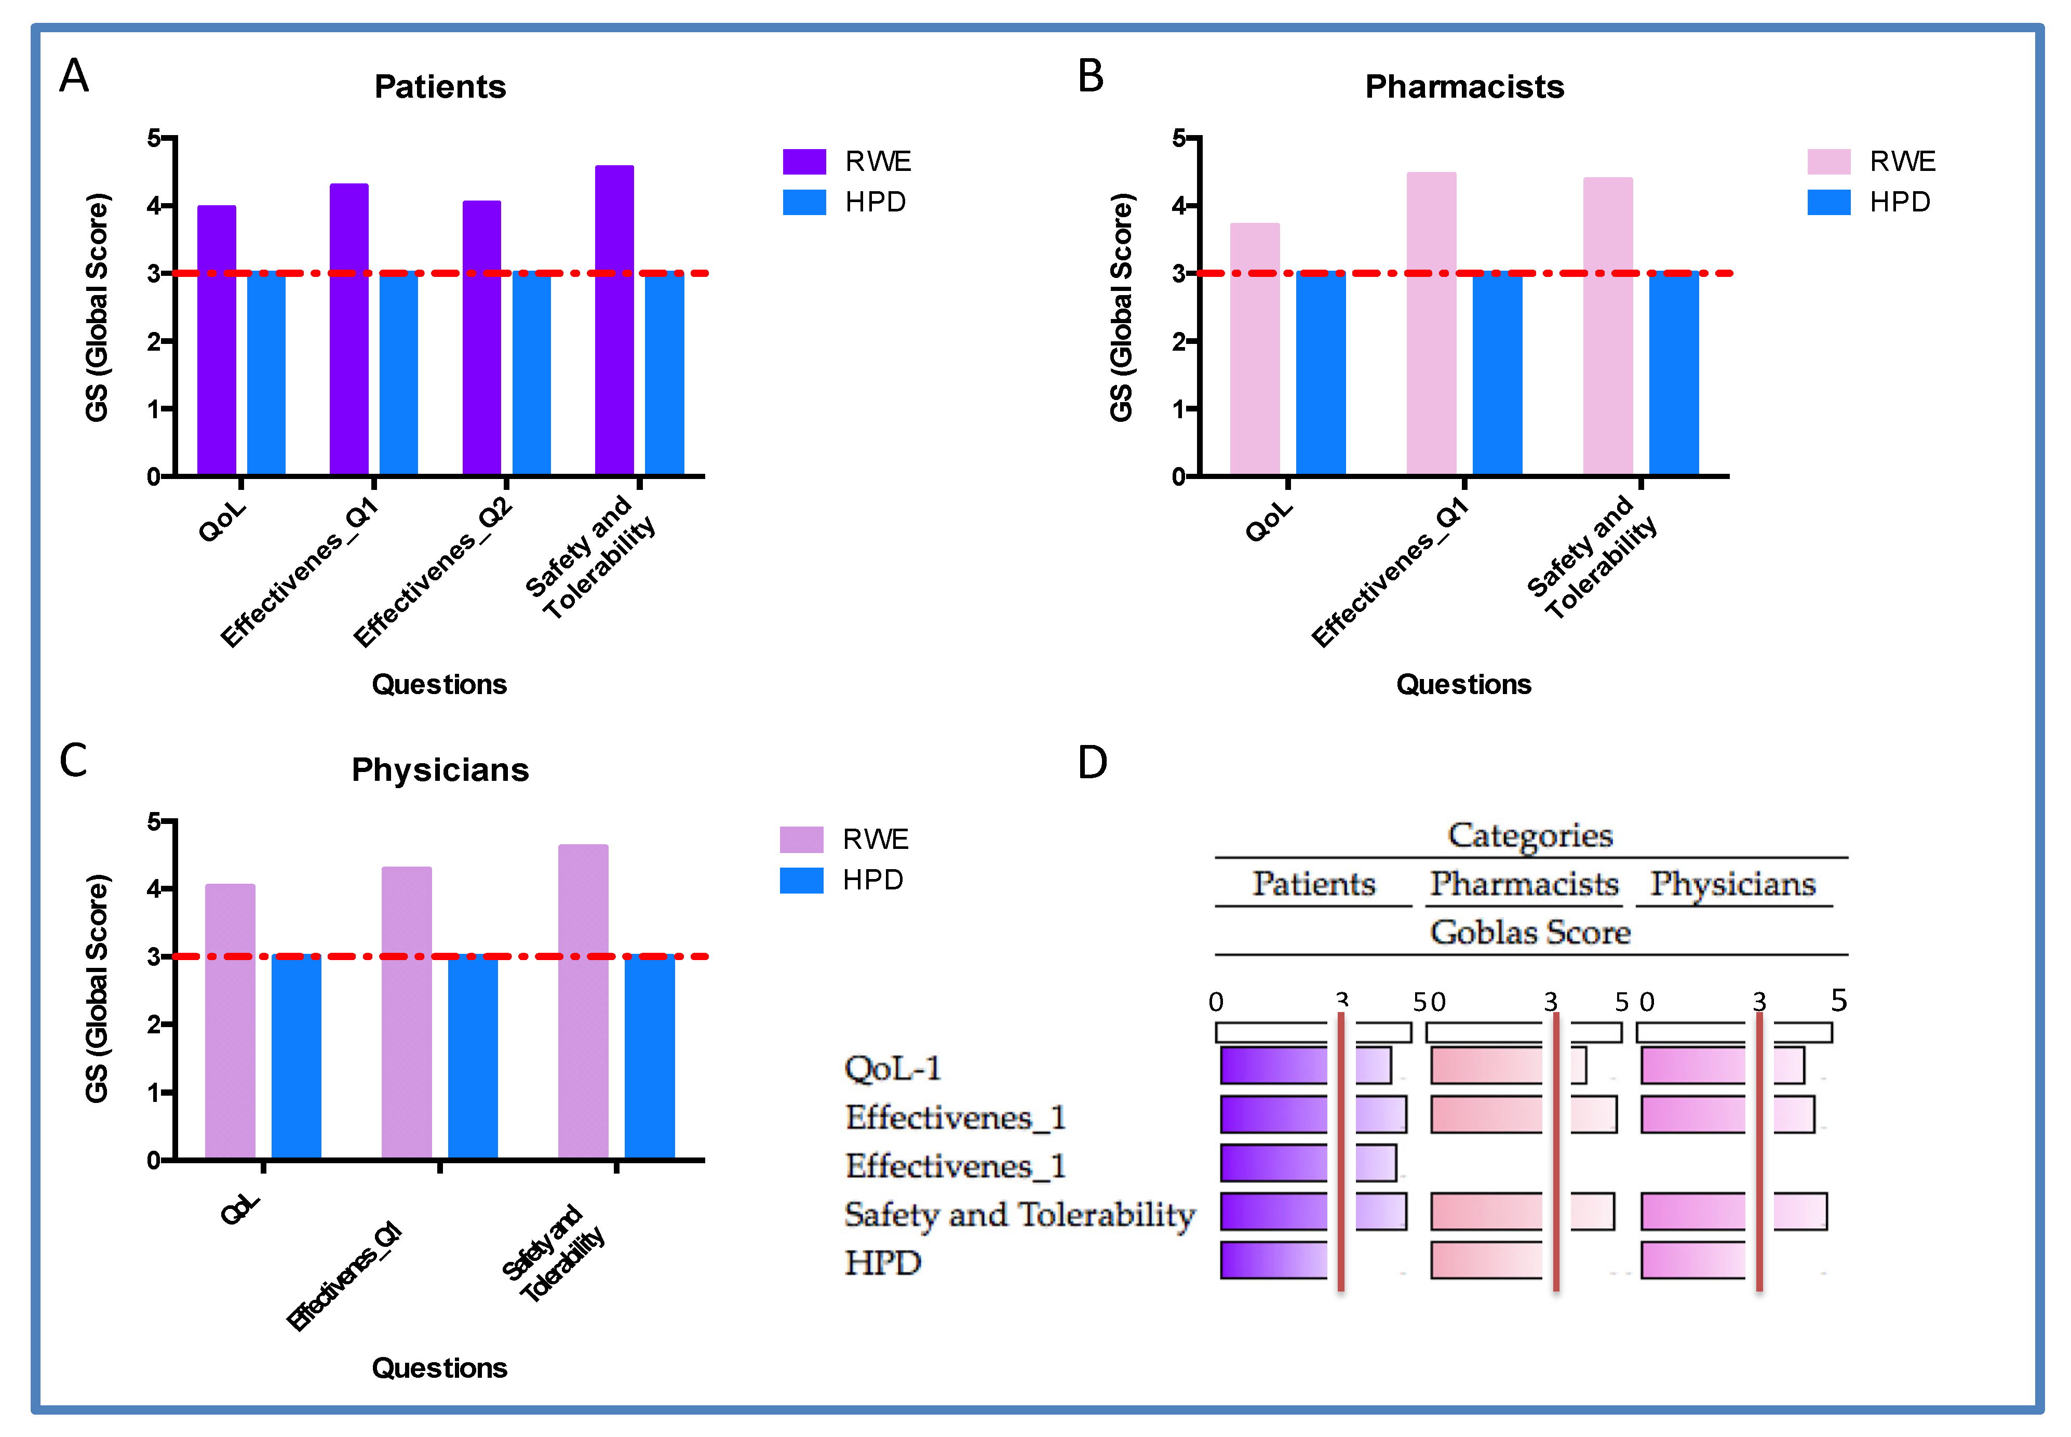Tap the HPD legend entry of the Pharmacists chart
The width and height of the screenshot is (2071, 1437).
1899,202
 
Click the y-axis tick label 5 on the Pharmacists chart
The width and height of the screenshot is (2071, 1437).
1178,138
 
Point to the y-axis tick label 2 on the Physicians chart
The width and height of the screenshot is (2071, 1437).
154,1024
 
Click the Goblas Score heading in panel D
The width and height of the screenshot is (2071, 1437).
1529,932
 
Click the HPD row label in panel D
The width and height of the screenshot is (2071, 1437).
882,1262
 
